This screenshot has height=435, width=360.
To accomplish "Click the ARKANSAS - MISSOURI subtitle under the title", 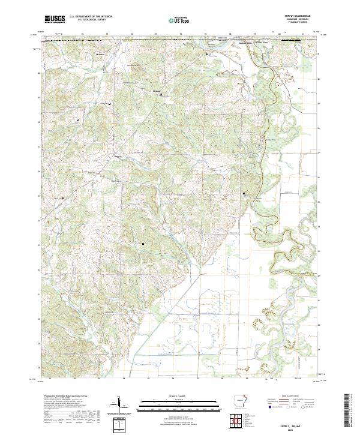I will [x=289, y=20].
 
